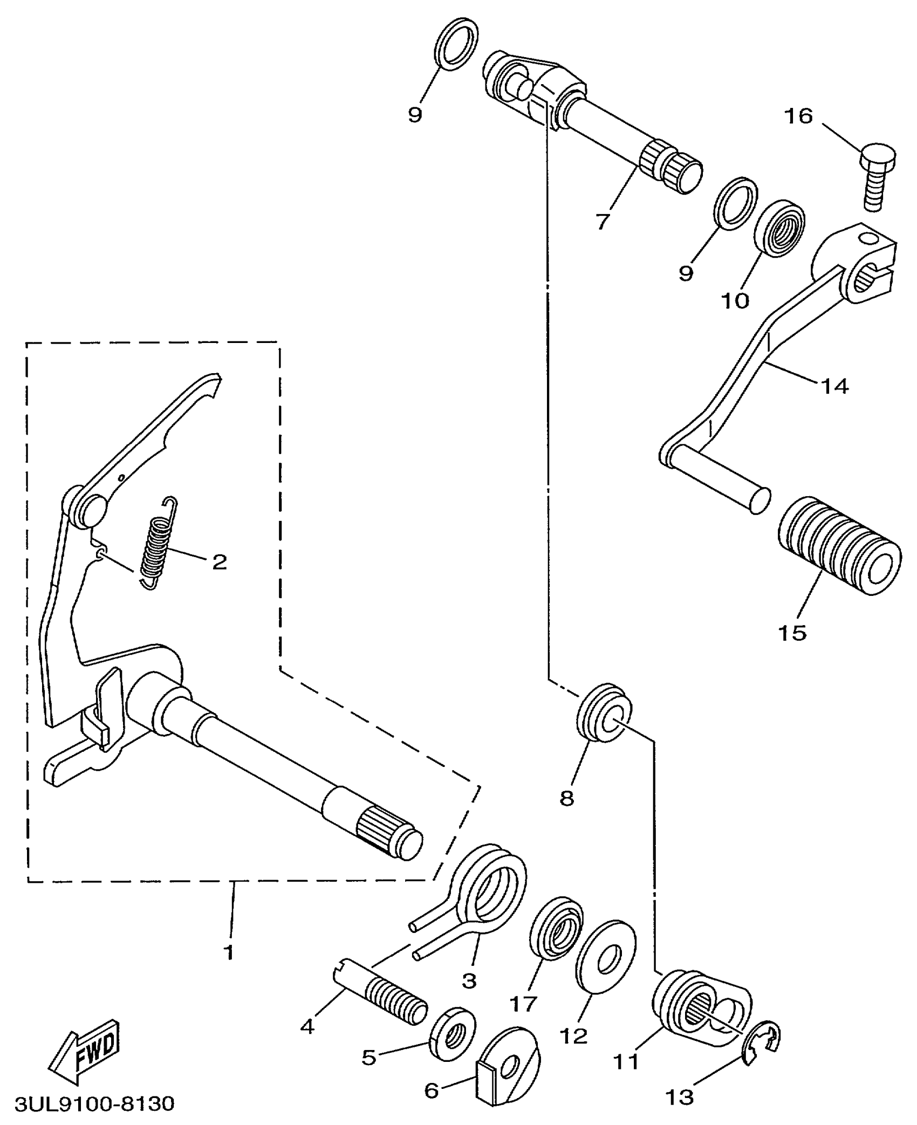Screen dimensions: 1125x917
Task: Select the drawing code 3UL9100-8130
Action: (x=94, y=1103)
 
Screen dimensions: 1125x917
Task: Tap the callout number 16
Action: (x=798, y=116)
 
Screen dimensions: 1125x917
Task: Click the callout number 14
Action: (x=834, y=386)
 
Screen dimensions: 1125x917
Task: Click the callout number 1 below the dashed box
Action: (x=229, y=952)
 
